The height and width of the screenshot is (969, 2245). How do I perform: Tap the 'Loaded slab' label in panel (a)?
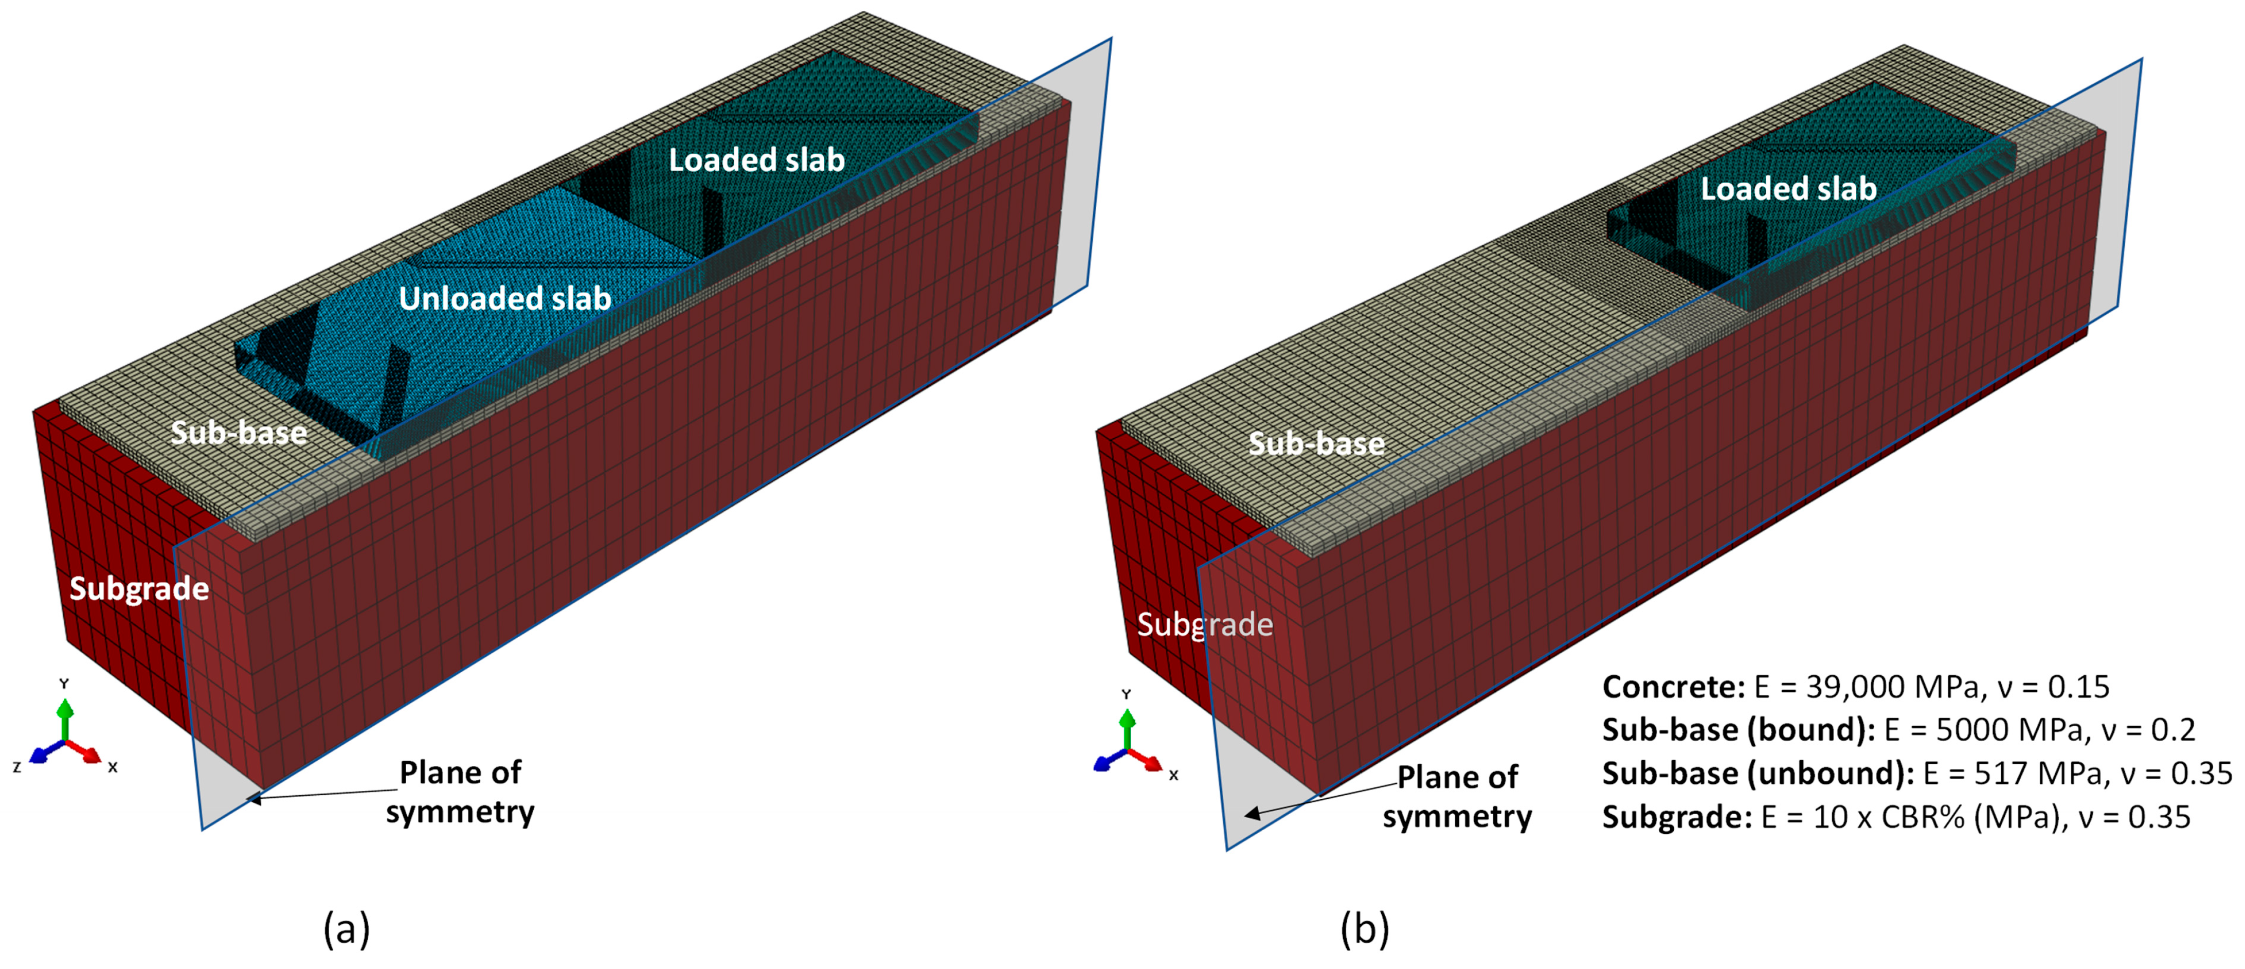tap(756, 160)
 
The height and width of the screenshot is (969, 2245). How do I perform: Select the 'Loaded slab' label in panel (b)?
tap(1788, 189)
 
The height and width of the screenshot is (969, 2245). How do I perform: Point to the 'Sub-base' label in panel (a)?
tap(239, 433)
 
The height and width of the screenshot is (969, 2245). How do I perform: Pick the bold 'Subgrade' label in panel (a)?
tap(139, 589)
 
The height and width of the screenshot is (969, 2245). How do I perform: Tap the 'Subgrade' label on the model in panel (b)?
tap(1204, 625)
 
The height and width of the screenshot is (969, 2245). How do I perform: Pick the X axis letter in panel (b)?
tap(1174, 775)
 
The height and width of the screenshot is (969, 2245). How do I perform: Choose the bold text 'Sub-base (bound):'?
tap(1739, 730)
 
